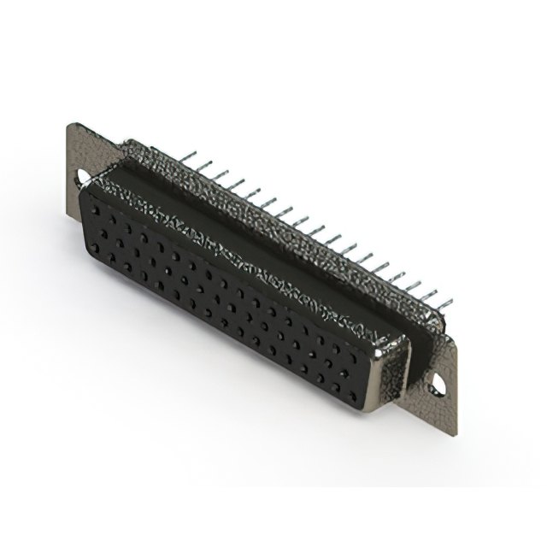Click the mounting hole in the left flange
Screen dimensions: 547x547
tap(84, 177)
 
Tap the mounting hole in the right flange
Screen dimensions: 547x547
tap(438, 384)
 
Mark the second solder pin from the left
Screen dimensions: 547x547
tap(201, 166)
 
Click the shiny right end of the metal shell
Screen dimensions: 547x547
tap(397, 363)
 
